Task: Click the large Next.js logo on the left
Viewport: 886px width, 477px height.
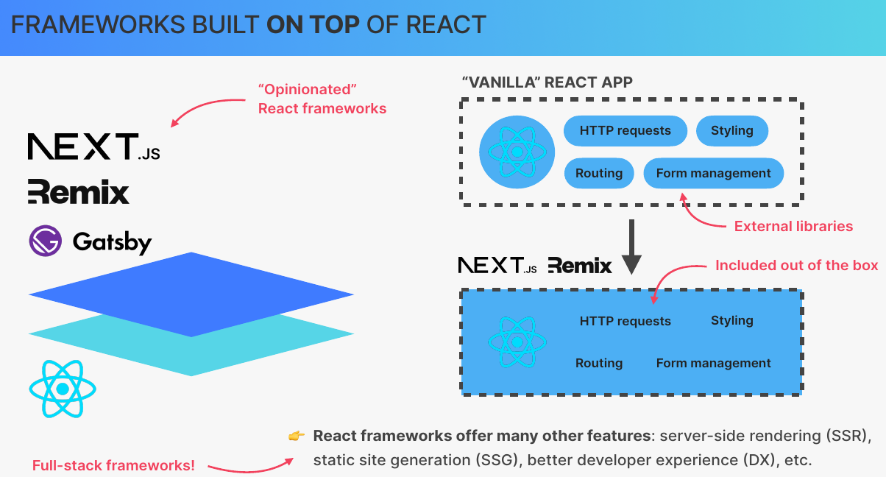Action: pyautogui.click(x=93, y=146)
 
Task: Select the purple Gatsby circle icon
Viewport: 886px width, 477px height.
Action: pyautogui.click(x=46, y=241)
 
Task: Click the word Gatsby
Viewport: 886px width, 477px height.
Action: pyautogui.click(x=112, y=242)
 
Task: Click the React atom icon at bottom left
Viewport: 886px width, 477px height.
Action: pyautogui.click(x=62, y=389)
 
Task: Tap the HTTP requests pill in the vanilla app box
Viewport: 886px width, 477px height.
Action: pyautogui.click(x=625, y=131)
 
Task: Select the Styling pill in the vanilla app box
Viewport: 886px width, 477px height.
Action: pyautogui.click(x=731, y=131)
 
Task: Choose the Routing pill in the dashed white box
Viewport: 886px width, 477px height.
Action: pyautogui.click(x=599, y=174)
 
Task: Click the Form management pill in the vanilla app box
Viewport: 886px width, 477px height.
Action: pyautogui.click(x=713, y=174)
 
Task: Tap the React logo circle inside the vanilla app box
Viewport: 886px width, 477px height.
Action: pyautogui.click(x=517, y=152)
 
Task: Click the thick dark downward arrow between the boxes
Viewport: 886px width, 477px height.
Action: pyautogui.click(x=631, y=249)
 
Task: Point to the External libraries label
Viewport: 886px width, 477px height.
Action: pyautogui.click(x=793, y=226)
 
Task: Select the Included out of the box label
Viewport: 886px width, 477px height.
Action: pyautogui.click(x=796, y=265)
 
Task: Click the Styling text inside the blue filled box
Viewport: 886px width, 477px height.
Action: pyautogui.click(x=731, y=320)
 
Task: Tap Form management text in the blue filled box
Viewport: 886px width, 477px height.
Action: pyautogui.click(x=713, y=363)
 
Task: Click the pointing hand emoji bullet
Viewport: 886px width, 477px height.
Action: pyautogui.click(x=296, y=437)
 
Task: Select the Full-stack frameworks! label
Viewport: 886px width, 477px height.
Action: pyautogui.click(x=113, y=465)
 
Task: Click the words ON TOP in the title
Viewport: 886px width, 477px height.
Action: pyautogui.click(x=313, y=25)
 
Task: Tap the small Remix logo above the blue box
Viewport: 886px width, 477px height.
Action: pyautogui.click(x=580, y=266)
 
